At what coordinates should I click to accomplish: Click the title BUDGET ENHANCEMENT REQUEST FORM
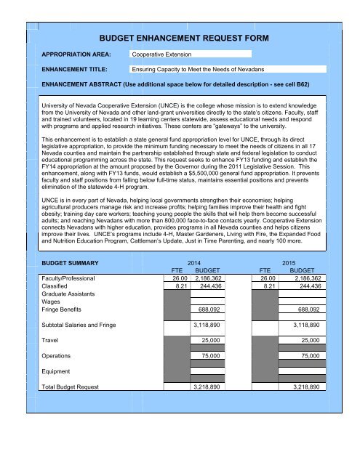(179, 35)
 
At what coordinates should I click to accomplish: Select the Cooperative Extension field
(190, 54)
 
